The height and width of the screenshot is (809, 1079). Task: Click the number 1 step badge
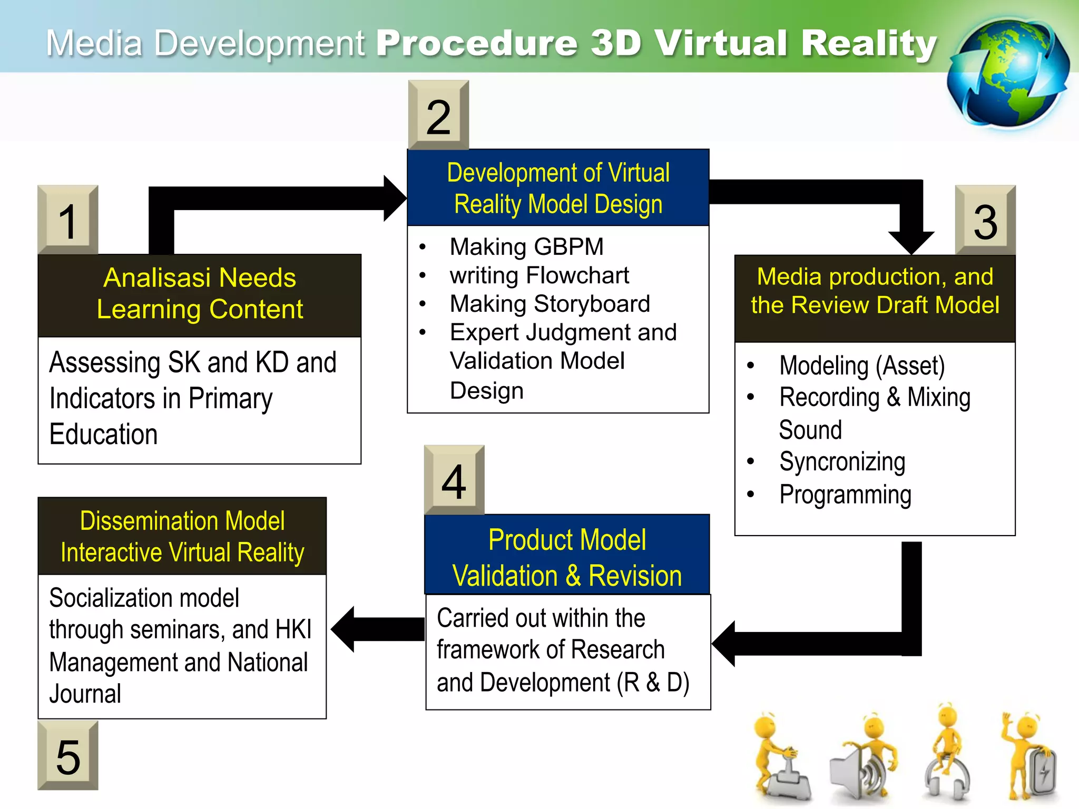68,220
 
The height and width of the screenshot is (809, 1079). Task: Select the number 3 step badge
985,220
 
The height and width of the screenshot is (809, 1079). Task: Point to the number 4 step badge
454,480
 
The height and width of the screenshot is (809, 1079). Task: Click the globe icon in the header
1007,74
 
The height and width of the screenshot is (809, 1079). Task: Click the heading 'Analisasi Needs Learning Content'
200,293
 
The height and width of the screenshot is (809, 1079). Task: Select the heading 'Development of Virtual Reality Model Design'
558,188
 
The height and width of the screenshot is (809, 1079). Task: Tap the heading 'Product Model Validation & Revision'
567,557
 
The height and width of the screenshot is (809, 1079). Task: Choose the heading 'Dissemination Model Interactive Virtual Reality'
182,536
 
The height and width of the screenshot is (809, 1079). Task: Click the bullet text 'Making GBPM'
526,246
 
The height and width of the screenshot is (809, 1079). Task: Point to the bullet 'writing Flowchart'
539,275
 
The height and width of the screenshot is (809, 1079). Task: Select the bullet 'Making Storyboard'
550,304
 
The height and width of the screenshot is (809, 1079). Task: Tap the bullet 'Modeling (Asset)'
862,366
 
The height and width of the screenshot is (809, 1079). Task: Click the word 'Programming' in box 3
845,495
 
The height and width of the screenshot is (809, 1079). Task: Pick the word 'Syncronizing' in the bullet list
842,462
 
